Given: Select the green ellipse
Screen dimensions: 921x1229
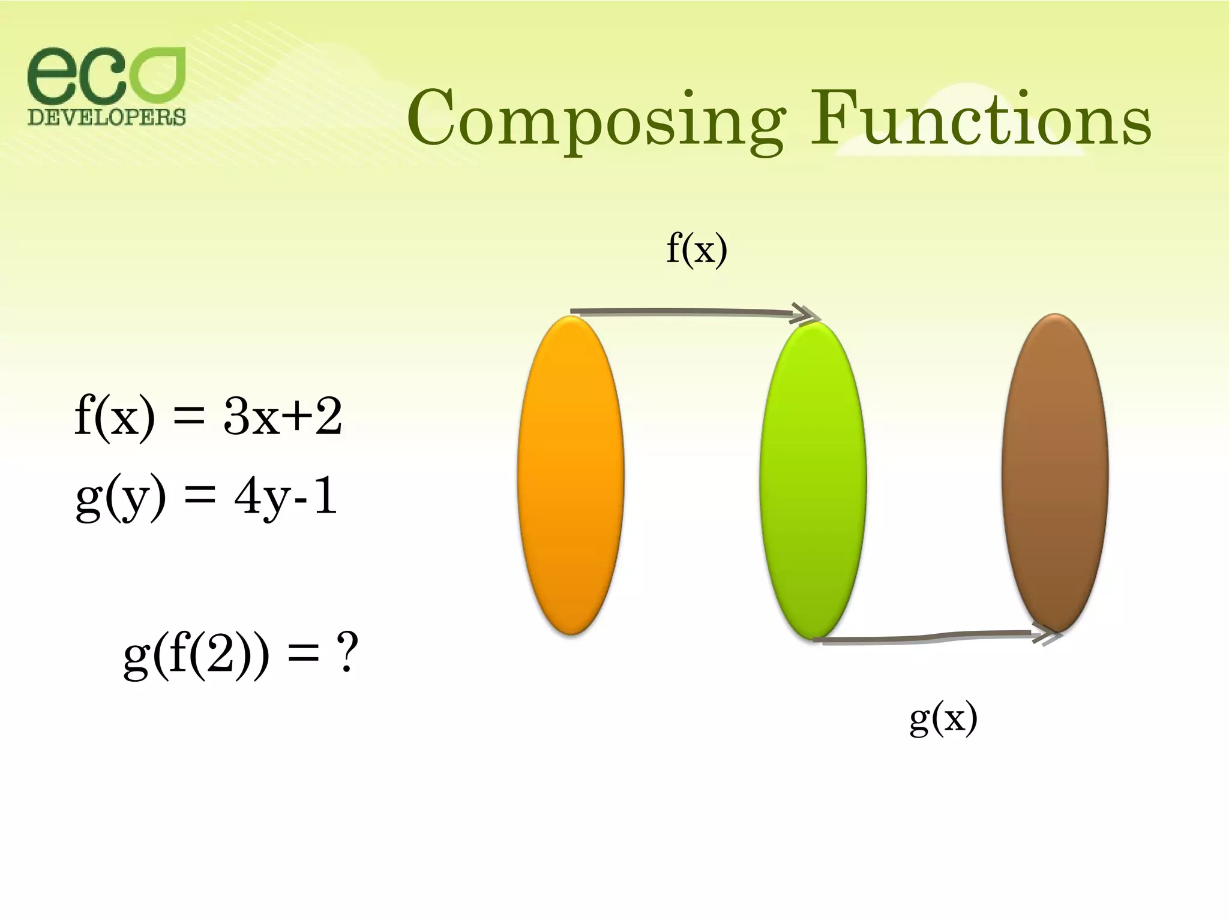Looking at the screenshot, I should click(813, 480).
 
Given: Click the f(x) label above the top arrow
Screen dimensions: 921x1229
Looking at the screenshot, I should click(697, 248).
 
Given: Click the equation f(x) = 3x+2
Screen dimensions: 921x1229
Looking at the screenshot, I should click(208, 417).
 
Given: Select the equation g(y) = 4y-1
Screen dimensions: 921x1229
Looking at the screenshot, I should click(206, 498).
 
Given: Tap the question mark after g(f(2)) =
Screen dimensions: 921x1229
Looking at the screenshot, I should click(346, 653).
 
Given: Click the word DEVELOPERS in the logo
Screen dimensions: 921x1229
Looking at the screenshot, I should click(107, 116).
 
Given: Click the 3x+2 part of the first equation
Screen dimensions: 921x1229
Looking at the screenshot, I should click(282, 417).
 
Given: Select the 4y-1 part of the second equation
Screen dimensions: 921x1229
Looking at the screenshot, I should click(286, 498).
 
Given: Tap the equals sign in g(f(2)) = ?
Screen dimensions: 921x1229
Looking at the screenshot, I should click(303, 656).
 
